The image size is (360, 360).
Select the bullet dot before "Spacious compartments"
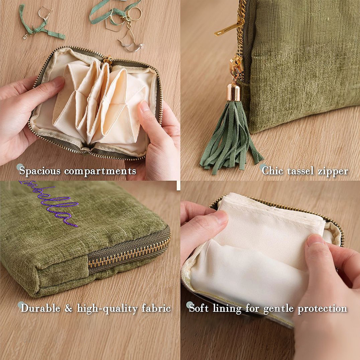click(20, 167)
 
